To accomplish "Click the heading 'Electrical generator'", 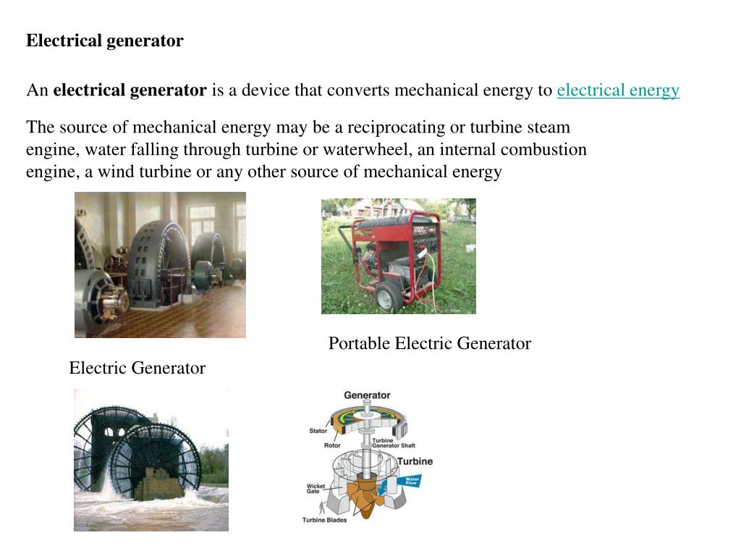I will click(x=105, y=41).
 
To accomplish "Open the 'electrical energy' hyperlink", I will click(x=618, y=90).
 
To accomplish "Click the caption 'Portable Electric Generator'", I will click(x=429, y=343).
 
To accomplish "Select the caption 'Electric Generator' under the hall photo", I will click(x=137, y=368).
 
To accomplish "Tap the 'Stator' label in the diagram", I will click(x=318, y=431).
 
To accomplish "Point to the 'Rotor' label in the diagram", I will click(x=332, y=445).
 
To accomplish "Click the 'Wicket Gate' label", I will click(x=316, y=489).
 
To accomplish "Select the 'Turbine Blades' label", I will click(x=324, y=520).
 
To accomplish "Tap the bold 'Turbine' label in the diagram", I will click(x=415, y=461).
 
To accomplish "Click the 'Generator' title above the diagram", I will click(x=367, y=395).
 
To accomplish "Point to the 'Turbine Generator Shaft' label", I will click(x=394, y=443).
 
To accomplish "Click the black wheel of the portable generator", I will click(x=388, y=295).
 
